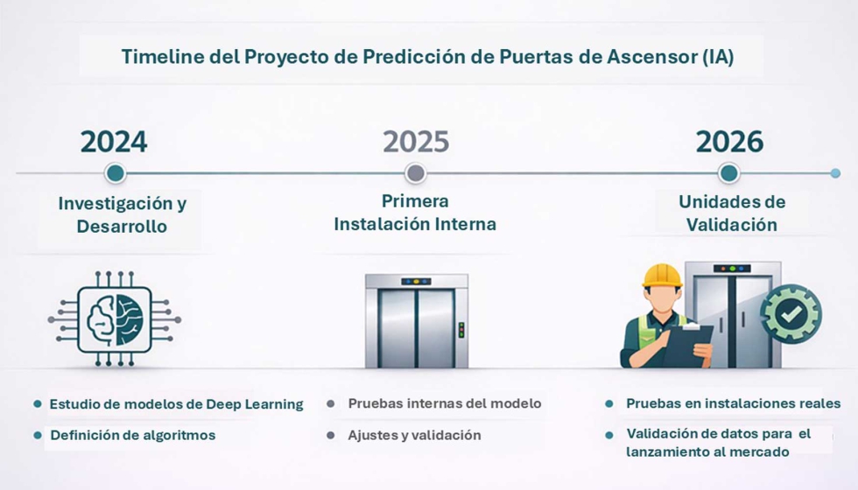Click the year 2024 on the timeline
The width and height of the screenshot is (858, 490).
click(x=114, y=141)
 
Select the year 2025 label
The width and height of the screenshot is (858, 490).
click(x=416, y=141)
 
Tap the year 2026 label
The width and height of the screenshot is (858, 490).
click(x=729, y=141)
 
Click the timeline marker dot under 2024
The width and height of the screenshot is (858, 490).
click(x=115, y=173)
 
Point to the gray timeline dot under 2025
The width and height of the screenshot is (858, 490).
click(x=416, y=173)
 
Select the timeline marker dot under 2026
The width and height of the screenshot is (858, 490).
click(x=728, y=173)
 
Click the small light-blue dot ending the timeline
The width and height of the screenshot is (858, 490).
click(x=835, y=173)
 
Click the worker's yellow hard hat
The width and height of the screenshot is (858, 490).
click(x=662, y=276)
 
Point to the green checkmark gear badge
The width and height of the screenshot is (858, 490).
click(x=791, y=313)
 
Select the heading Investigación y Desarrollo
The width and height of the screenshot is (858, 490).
click(x=122, y=214)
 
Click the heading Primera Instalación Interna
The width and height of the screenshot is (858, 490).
click(x=415, y=213)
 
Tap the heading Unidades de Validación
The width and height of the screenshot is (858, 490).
click(x=732, y=213)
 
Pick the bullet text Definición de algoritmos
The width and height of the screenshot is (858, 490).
click(x=132, y=435)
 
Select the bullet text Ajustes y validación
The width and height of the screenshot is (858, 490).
click(x=414, y=435)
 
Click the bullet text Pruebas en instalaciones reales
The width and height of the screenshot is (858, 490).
click(x=733, y=403)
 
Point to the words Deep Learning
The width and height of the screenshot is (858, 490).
click(x=255, y=404)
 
